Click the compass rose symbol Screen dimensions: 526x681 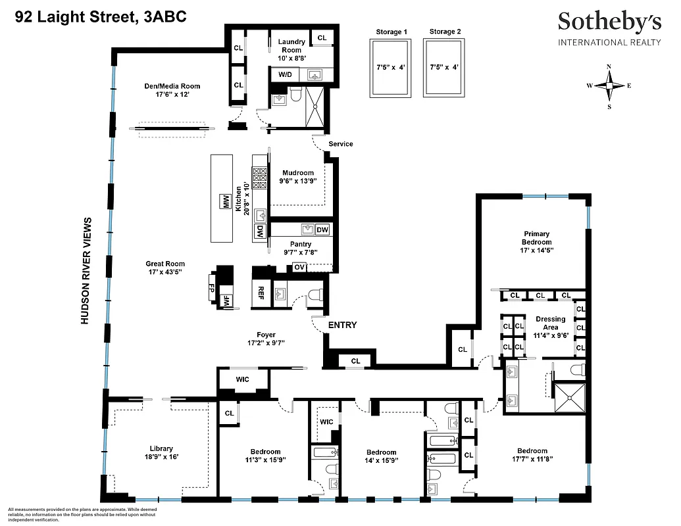click(609, 86)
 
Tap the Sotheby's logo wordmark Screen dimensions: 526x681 click(609, 22)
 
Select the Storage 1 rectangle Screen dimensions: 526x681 click(391, 68)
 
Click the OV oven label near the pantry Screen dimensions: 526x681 click(299, 268)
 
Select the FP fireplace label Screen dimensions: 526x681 click(212, 287)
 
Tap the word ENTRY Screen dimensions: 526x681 click(342, 325)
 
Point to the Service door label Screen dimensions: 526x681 click(341, 144)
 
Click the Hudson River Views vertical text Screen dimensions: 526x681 click(84, 270)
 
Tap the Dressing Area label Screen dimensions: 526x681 click(550, 323)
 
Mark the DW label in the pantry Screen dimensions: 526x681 click(322, 229)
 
